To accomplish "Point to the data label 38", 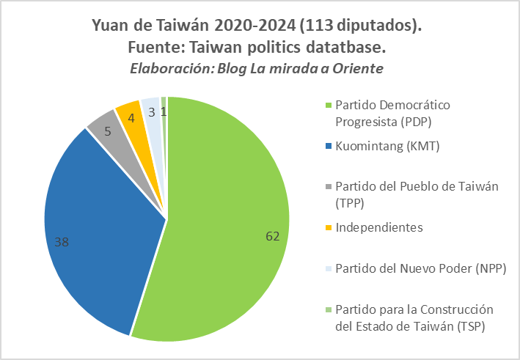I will (62, 240).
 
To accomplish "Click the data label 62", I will (273, 235).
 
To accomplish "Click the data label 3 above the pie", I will (151, 112).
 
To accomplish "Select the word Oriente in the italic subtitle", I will (359, 68).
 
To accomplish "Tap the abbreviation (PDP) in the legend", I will (433, 120).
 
